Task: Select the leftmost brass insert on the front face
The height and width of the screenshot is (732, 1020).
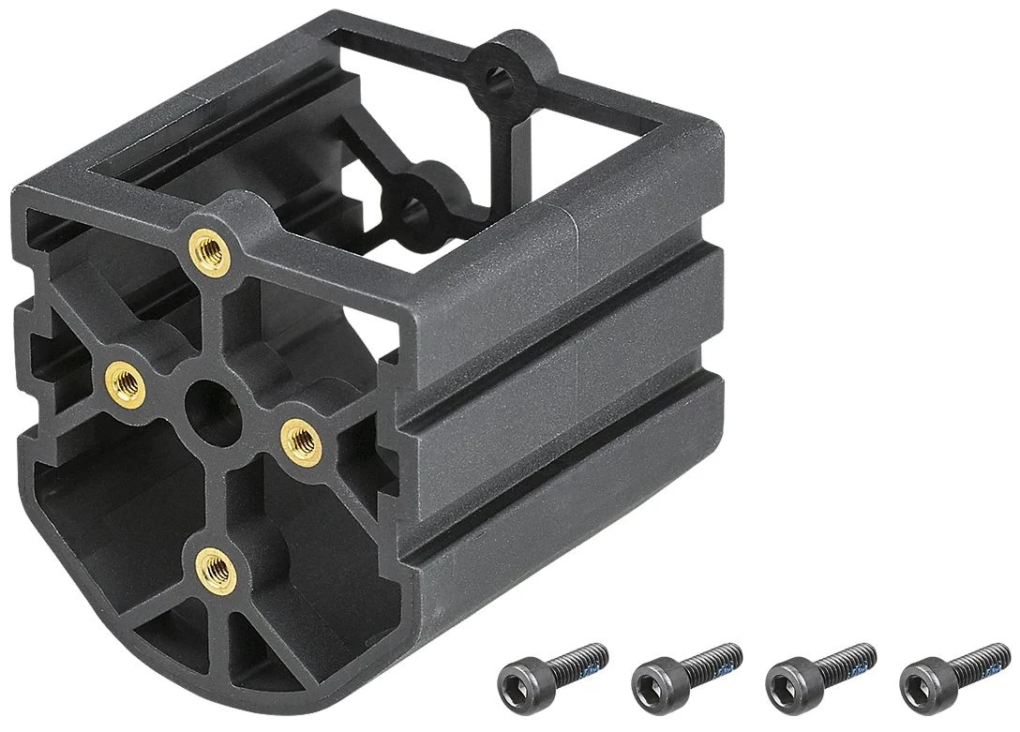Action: (125, 382)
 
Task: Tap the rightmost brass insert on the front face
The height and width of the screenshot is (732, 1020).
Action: (301, 438)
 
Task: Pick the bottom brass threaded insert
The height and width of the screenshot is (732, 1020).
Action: (216, 565)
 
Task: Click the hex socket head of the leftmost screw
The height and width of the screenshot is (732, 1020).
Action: (520, 676)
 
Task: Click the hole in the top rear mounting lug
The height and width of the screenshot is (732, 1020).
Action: (502, 81)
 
